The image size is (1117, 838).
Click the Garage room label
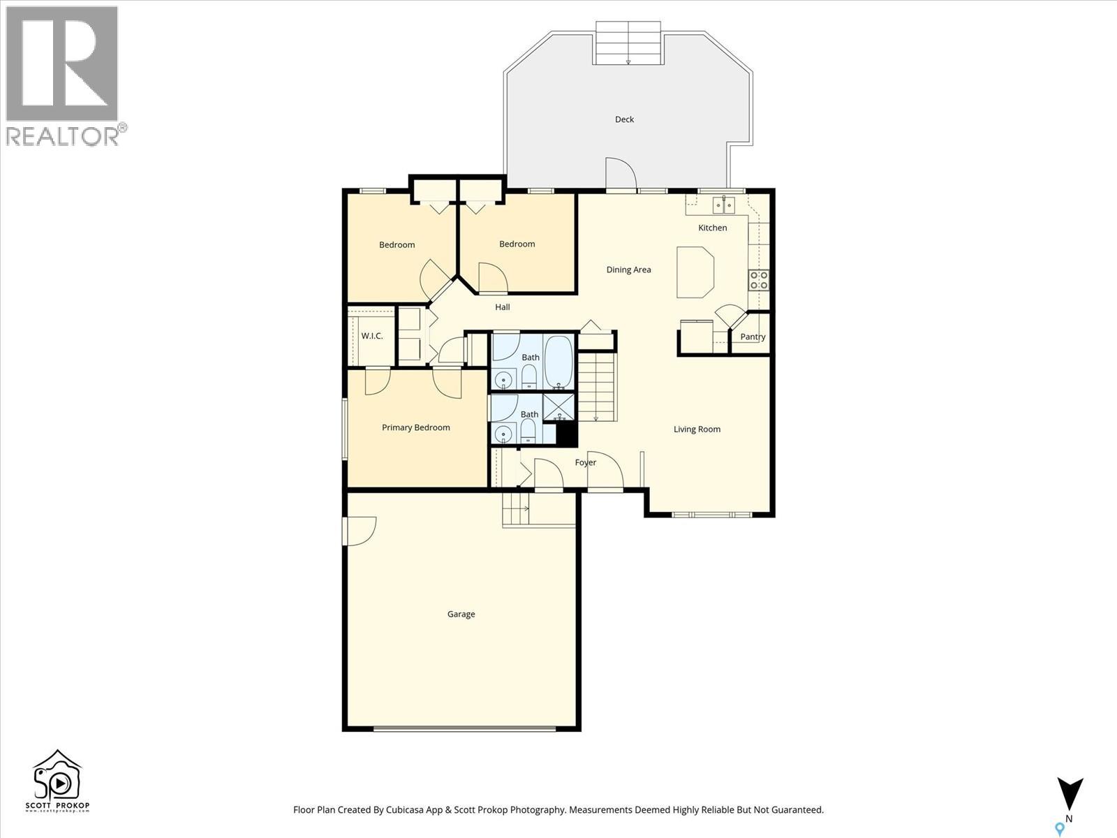461,615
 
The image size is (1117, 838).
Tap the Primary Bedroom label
415,427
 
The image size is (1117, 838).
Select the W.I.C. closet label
371,336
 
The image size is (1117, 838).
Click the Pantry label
753,337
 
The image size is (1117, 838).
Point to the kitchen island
695,272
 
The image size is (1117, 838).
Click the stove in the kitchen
759,280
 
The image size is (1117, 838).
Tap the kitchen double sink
723,205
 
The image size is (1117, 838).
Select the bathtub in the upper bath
558,362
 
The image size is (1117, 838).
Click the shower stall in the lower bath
558,407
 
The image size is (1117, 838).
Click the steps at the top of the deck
628,43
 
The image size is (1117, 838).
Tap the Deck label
624,119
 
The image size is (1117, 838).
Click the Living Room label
697,429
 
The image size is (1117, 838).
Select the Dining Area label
628,270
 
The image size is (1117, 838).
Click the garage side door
359,531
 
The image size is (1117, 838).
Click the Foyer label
585,462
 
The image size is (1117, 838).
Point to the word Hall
503,307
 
